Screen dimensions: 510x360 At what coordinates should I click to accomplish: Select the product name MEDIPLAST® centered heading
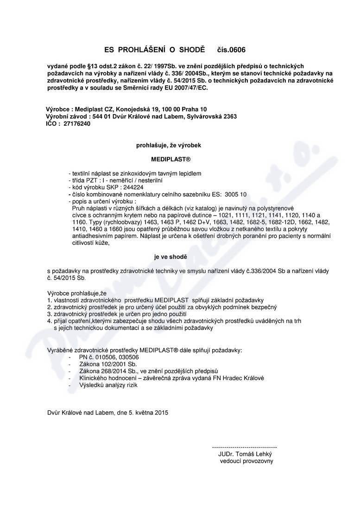click(x=168, y=159)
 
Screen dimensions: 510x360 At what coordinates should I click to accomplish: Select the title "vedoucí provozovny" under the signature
click(x=246, y=461)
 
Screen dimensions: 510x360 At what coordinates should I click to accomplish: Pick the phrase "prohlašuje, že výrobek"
click(x=168, y=145)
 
